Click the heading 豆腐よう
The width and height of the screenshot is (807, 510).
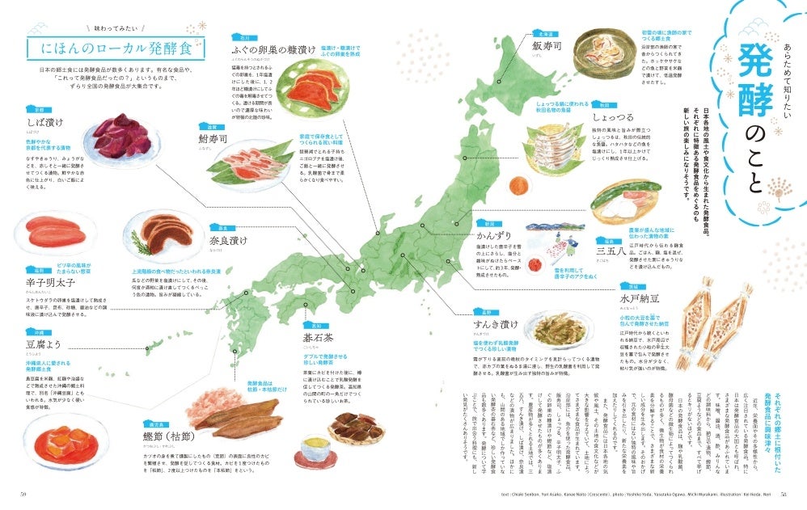[41, 345]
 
